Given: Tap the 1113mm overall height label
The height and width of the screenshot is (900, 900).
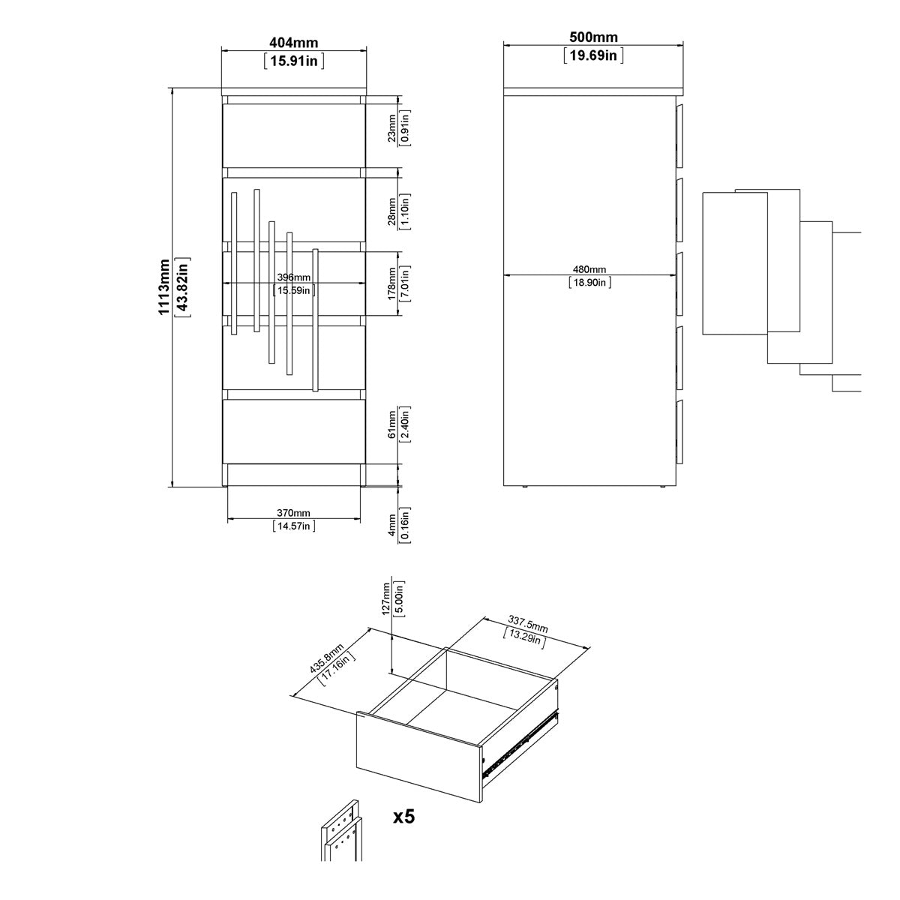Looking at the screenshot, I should [164, 287].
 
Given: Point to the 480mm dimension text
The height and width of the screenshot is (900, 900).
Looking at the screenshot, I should [589, 269].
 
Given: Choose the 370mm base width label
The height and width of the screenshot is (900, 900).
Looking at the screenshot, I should [293, 513].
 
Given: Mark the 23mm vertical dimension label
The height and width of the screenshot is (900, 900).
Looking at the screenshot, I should [392, 127].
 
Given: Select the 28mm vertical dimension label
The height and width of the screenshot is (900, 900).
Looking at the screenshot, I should [392, 211].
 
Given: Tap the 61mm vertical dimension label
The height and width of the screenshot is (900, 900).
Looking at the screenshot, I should [392, 426].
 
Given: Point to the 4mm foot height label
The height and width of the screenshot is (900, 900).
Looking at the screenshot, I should [392, 523].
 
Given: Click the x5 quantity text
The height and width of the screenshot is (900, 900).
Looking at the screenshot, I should [403, 816].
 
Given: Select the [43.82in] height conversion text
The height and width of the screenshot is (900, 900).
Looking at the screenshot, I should [182, 287].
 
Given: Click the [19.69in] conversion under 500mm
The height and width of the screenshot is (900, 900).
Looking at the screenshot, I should [593, 55].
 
